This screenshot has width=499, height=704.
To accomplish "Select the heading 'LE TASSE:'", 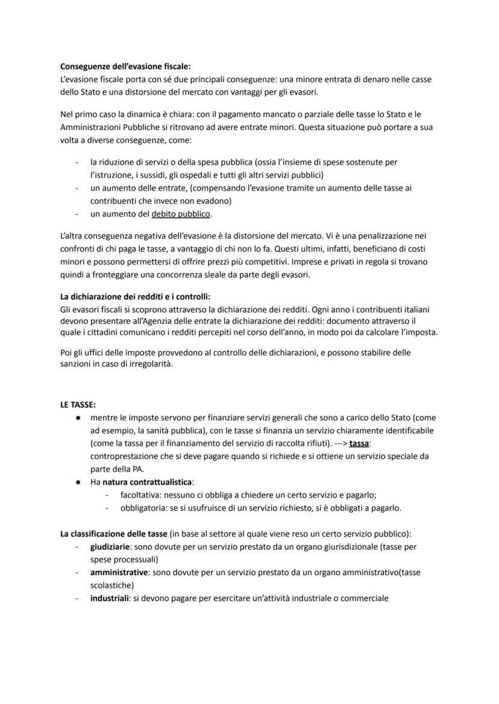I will pyautogui.click(x=78, y=405).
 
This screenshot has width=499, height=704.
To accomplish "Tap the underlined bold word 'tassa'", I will pyautogui.click(x=359, y=443).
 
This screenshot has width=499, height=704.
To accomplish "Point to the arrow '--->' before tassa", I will pyautogui.click(x=339, y=443).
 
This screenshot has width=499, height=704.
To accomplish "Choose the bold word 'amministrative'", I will pyautogui.click(x=119, y=573).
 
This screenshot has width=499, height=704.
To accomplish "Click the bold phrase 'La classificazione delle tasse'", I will pyautogui.click(x=114, y=534).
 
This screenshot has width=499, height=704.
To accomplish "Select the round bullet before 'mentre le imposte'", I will pyautogui.click(x=78, y=418).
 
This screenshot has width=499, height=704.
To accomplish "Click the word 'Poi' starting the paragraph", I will pyautogui.click(x=67, y=352).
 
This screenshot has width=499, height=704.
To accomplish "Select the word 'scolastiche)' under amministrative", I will pyautogui.click(x=112, y=585).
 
